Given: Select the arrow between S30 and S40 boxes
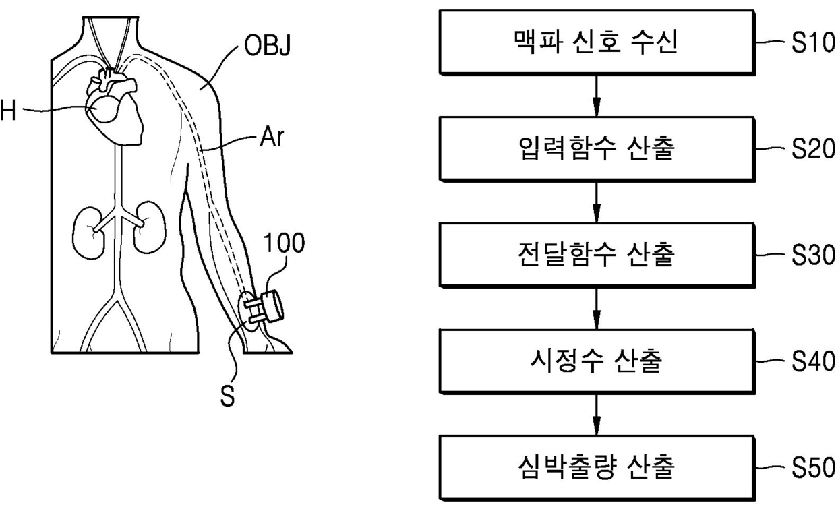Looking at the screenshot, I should tap(596, 307).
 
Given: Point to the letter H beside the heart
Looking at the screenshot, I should tap(8, 112).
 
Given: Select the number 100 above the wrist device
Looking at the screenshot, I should tap(284, 243).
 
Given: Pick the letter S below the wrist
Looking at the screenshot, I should tap(229, 397).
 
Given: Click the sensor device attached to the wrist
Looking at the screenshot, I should tap(267, 307).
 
